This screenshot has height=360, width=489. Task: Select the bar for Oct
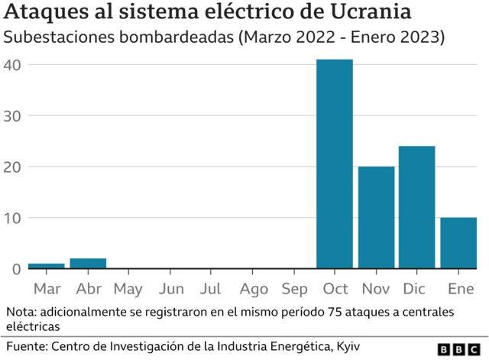coord(335,164)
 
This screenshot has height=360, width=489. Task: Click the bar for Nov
coord(376,217)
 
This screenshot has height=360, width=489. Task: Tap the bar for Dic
coord(416,207)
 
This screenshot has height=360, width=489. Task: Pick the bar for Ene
coord(458,243)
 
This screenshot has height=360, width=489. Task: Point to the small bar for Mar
coord(46,266)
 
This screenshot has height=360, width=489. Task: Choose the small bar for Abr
coord(88,264)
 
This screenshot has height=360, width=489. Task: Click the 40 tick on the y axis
coord(13,65)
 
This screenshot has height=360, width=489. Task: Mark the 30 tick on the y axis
coord(13,116)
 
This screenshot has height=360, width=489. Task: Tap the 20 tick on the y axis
coord(13,167)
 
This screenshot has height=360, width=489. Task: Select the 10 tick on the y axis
coord(13,218)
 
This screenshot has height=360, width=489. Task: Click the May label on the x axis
coord(128,290)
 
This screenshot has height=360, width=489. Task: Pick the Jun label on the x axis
coord(170,290)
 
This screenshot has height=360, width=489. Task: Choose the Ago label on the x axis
coord(253,290)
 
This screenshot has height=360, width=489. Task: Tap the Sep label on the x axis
coord(294,290)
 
